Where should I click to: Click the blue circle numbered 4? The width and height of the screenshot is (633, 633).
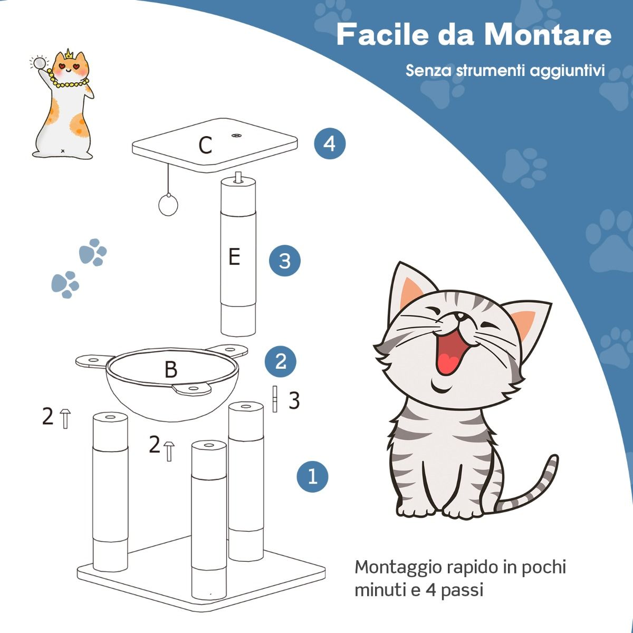330,143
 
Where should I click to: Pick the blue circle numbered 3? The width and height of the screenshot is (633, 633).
284,261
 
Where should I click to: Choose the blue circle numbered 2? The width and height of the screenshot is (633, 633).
281,361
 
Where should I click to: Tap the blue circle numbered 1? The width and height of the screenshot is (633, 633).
312,476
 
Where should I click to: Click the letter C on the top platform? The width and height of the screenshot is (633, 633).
205,145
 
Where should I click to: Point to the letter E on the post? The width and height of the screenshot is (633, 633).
234,257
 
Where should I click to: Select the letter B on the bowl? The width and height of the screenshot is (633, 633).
170,370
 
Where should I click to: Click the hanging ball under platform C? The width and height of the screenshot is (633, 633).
168,205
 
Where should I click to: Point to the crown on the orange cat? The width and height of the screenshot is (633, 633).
69,55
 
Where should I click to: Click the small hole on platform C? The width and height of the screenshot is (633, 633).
236,136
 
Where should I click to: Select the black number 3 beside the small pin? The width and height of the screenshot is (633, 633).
294,401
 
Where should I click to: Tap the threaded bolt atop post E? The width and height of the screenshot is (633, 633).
238,177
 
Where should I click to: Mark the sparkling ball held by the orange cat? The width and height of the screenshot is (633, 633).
39,62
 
